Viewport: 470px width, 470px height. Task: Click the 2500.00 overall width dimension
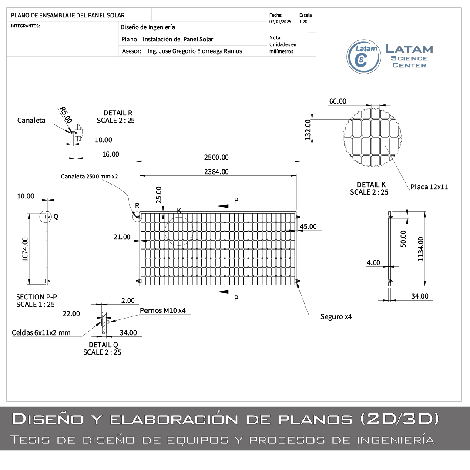[216, 157]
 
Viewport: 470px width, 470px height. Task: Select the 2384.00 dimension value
[216, 171]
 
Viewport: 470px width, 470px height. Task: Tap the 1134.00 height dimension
[420, 249]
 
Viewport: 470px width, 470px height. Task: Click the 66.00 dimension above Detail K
[338, 101]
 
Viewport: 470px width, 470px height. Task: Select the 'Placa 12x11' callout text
[429, 187]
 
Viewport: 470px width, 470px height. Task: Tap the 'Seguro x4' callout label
[336, 316]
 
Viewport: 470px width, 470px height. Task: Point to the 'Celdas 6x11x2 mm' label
[41, 332]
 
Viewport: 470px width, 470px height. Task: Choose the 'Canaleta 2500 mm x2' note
[90, 176]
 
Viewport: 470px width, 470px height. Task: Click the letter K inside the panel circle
[179, 211]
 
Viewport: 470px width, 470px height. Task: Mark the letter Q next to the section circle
[56, 216]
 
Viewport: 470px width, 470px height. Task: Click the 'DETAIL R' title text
[118, 113]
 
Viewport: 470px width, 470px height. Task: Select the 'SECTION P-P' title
[37, 297]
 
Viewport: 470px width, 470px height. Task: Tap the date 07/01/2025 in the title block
[280, 21]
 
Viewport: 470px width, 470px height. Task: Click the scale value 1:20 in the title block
[304, 21]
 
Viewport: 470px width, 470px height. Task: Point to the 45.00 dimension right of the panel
[308, 227]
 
